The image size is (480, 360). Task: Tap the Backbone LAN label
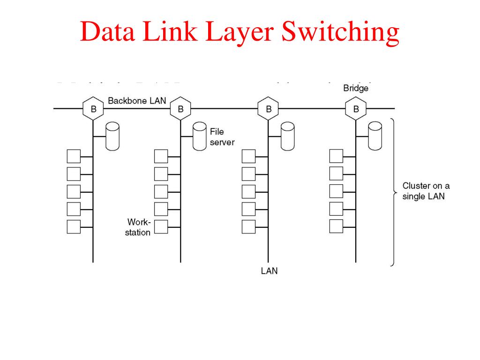137,101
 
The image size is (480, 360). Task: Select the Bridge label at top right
356,89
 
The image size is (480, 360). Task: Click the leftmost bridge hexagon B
93,109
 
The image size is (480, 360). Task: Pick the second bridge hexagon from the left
180,109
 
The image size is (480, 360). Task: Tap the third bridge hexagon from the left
269,109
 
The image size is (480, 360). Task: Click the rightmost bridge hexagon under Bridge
356,109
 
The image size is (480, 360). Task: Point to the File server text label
222,137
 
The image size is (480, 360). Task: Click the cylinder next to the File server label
200,136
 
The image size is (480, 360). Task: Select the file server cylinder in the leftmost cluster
112,136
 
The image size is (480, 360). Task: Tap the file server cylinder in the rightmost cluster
375,136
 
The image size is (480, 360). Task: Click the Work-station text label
138,227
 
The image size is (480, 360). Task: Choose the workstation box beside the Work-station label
161,227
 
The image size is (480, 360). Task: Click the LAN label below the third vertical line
269,271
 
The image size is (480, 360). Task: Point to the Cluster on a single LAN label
426,191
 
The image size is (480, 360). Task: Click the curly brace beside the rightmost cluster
394,192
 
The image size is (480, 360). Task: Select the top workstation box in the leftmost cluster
74,156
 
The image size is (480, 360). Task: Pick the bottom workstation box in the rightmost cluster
336,227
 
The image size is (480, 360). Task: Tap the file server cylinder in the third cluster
287,136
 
